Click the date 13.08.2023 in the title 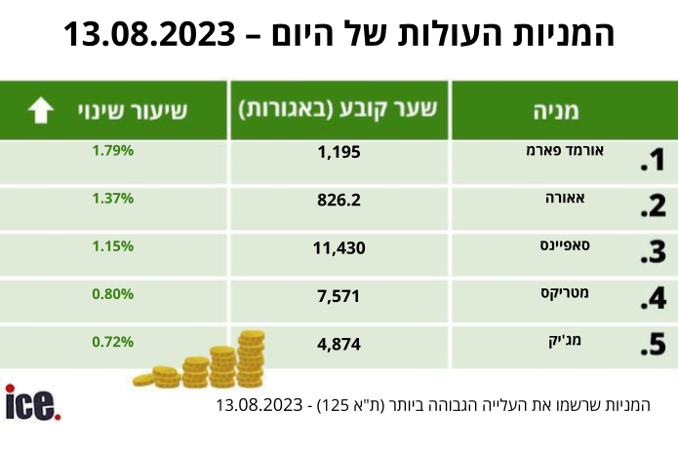pos(149,34)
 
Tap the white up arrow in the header pos(41,110)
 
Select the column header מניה pos(556,110)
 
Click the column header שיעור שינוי pos(133,110)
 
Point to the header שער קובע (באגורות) pos(339,109)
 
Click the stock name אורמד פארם pos(565,150)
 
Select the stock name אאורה pos(565,198)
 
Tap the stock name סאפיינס pos(565,245)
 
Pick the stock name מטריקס pos(565,293)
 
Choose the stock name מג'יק pos(565,341)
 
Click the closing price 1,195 pos(339,152)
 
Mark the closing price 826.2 pos(339,200)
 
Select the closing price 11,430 pos(339,247)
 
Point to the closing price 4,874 pos(339,344)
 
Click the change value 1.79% pos(113,151)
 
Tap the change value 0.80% pos(113,294)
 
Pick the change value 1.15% pos(113,246)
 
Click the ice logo pos(33,402)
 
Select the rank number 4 pos(654,298)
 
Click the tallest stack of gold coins pos(251,357)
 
